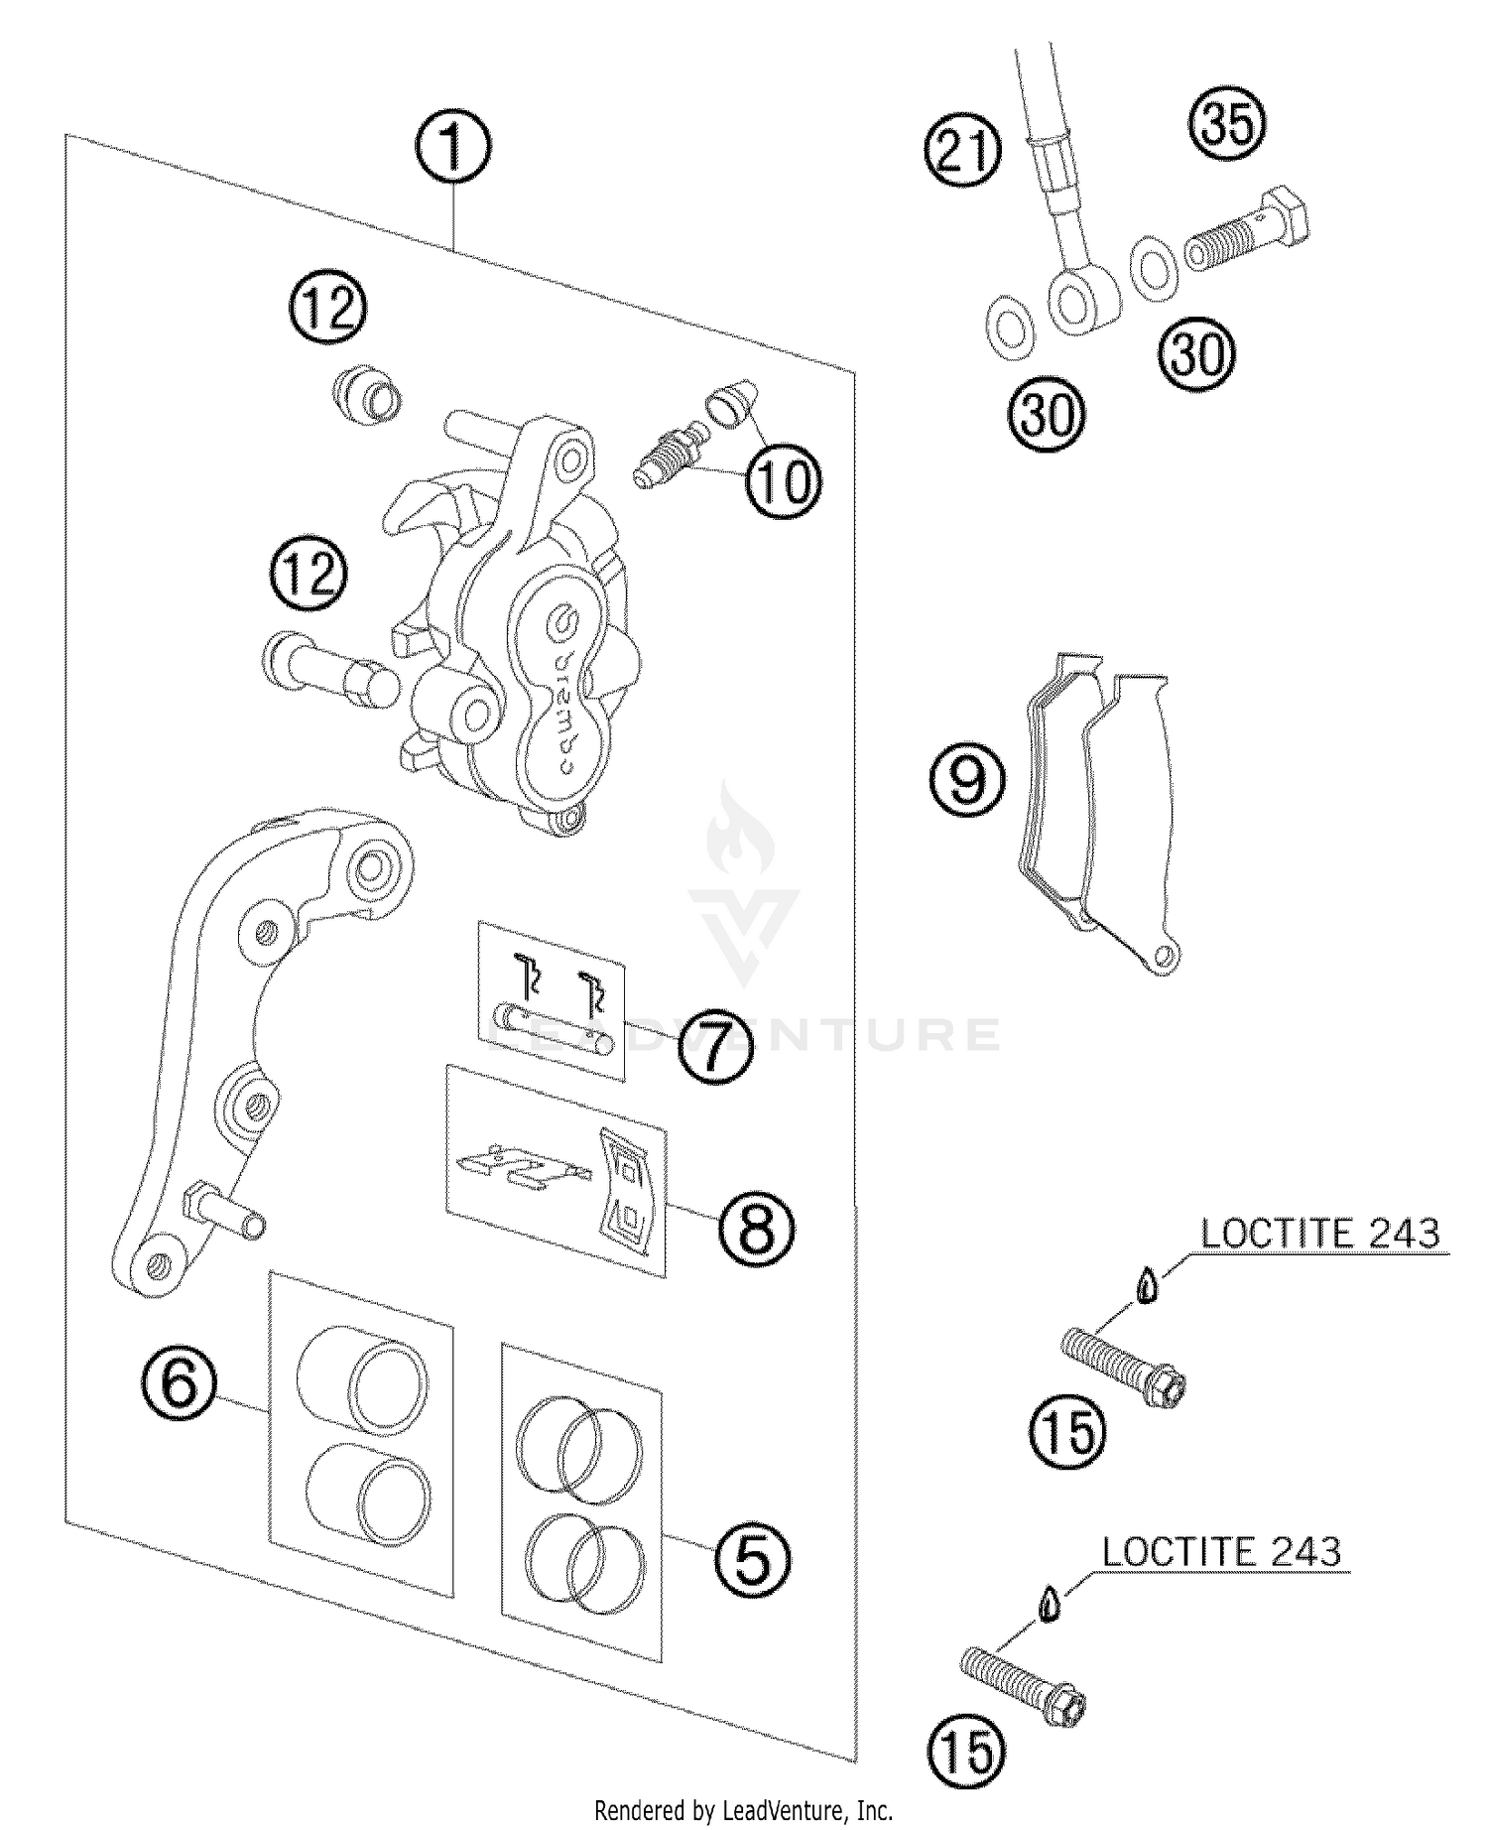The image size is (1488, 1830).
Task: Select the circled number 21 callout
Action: pyautogui.click(x=963, y=152)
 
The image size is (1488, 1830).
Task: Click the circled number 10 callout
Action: pyautogui.click(x=784, y=481)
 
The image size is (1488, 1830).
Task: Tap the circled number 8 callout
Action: pyautogui.click(x=757, y=1229)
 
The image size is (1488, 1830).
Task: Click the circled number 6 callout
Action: pyautogui.click(x=180, y=1381)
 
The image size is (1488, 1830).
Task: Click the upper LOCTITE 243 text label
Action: pyautogui.click(x=1319, y=1234)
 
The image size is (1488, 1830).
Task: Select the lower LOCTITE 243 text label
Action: pyautogui.click(x=1221, y=1552)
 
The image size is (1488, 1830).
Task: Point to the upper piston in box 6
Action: pyautogui.click(x=363, y=1380)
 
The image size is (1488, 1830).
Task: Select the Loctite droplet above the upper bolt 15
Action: pyautogui.click(x=1148, y=1287)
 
